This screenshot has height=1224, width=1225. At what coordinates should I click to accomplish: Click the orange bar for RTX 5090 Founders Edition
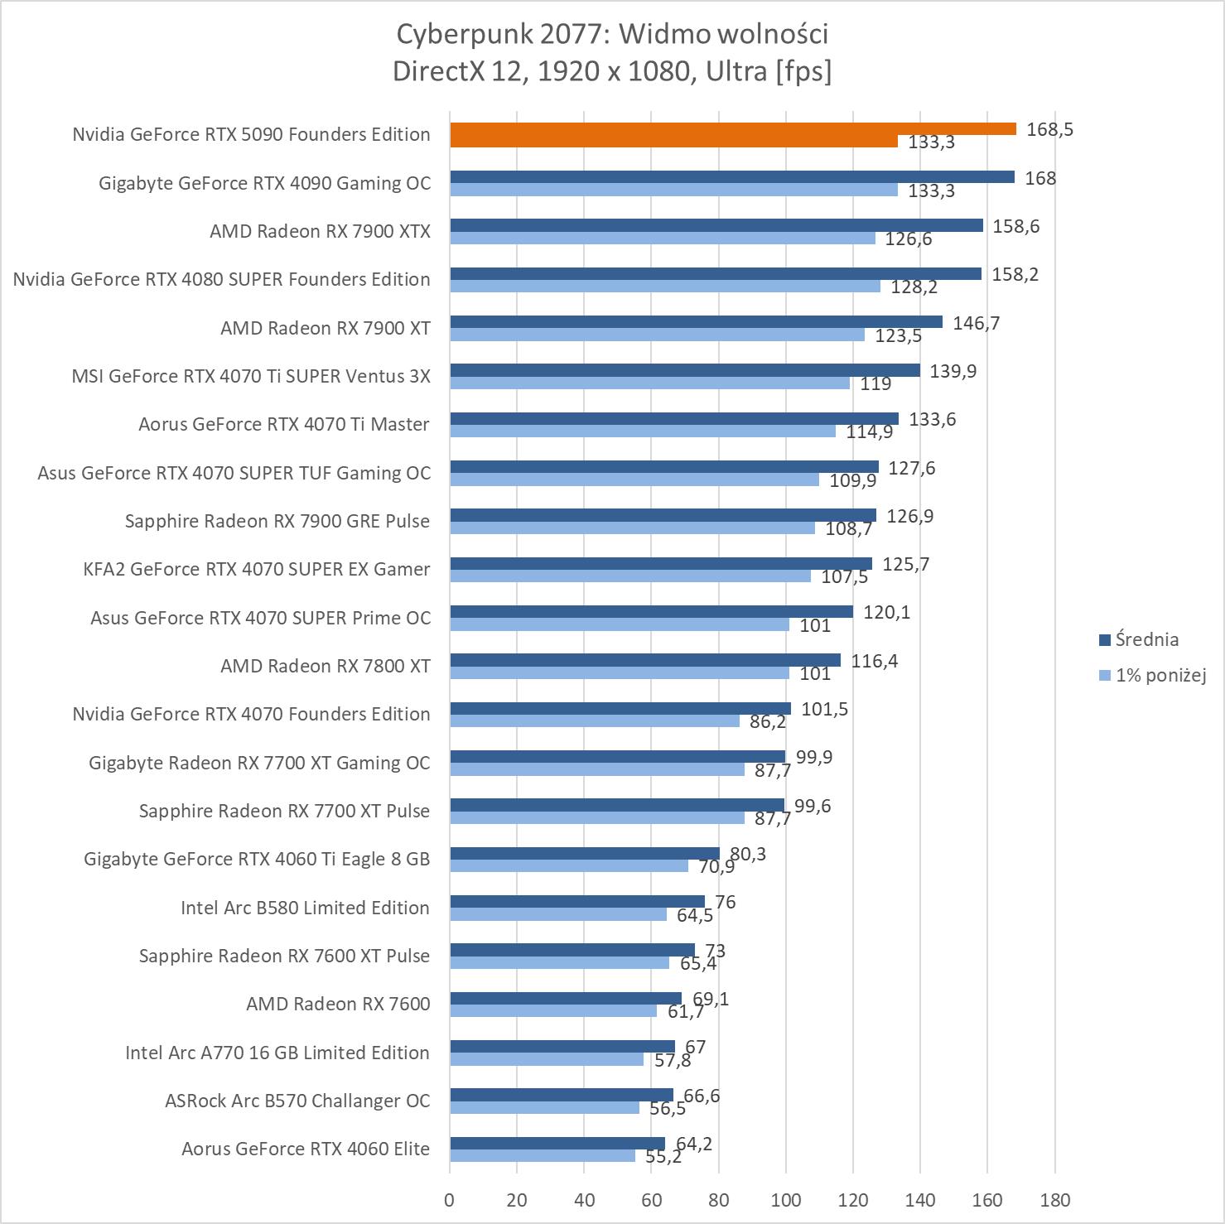732,129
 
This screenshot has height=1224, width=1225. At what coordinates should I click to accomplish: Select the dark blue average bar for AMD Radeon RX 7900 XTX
716,225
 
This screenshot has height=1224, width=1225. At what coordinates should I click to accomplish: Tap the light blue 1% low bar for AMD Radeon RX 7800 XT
619,673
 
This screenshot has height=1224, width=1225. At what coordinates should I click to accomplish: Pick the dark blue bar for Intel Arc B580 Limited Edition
577,901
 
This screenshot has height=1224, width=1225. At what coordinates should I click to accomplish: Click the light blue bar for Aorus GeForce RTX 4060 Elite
543,1155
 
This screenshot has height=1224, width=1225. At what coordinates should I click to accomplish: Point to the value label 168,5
1049,129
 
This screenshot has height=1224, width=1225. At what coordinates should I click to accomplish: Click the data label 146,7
976,323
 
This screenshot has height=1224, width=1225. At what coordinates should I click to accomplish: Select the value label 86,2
767,722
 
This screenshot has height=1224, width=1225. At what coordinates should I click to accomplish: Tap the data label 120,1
886,612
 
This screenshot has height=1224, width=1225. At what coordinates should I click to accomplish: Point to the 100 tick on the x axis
786,1199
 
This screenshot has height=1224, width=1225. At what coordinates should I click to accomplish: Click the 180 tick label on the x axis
1054,1199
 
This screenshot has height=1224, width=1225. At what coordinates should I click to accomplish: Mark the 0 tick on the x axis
450,1199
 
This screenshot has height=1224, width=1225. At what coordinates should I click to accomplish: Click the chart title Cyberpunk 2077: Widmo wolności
612,34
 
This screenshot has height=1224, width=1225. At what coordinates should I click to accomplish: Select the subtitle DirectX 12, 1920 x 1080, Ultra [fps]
612,71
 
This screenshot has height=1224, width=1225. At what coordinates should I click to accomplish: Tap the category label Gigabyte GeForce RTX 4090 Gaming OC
264,183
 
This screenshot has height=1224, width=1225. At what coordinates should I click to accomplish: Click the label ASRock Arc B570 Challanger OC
297,1101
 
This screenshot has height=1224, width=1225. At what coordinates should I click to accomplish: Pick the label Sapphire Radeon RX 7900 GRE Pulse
277,521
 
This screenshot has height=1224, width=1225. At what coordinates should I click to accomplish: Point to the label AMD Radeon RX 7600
338,1004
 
